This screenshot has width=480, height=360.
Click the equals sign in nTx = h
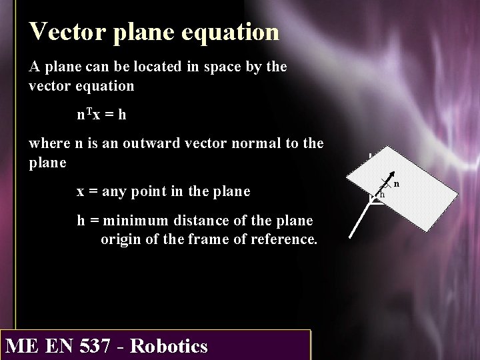click(108, 115)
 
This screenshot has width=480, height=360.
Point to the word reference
click(284, 239)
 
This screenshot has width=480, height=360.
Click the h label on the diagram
click(382, 195)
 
